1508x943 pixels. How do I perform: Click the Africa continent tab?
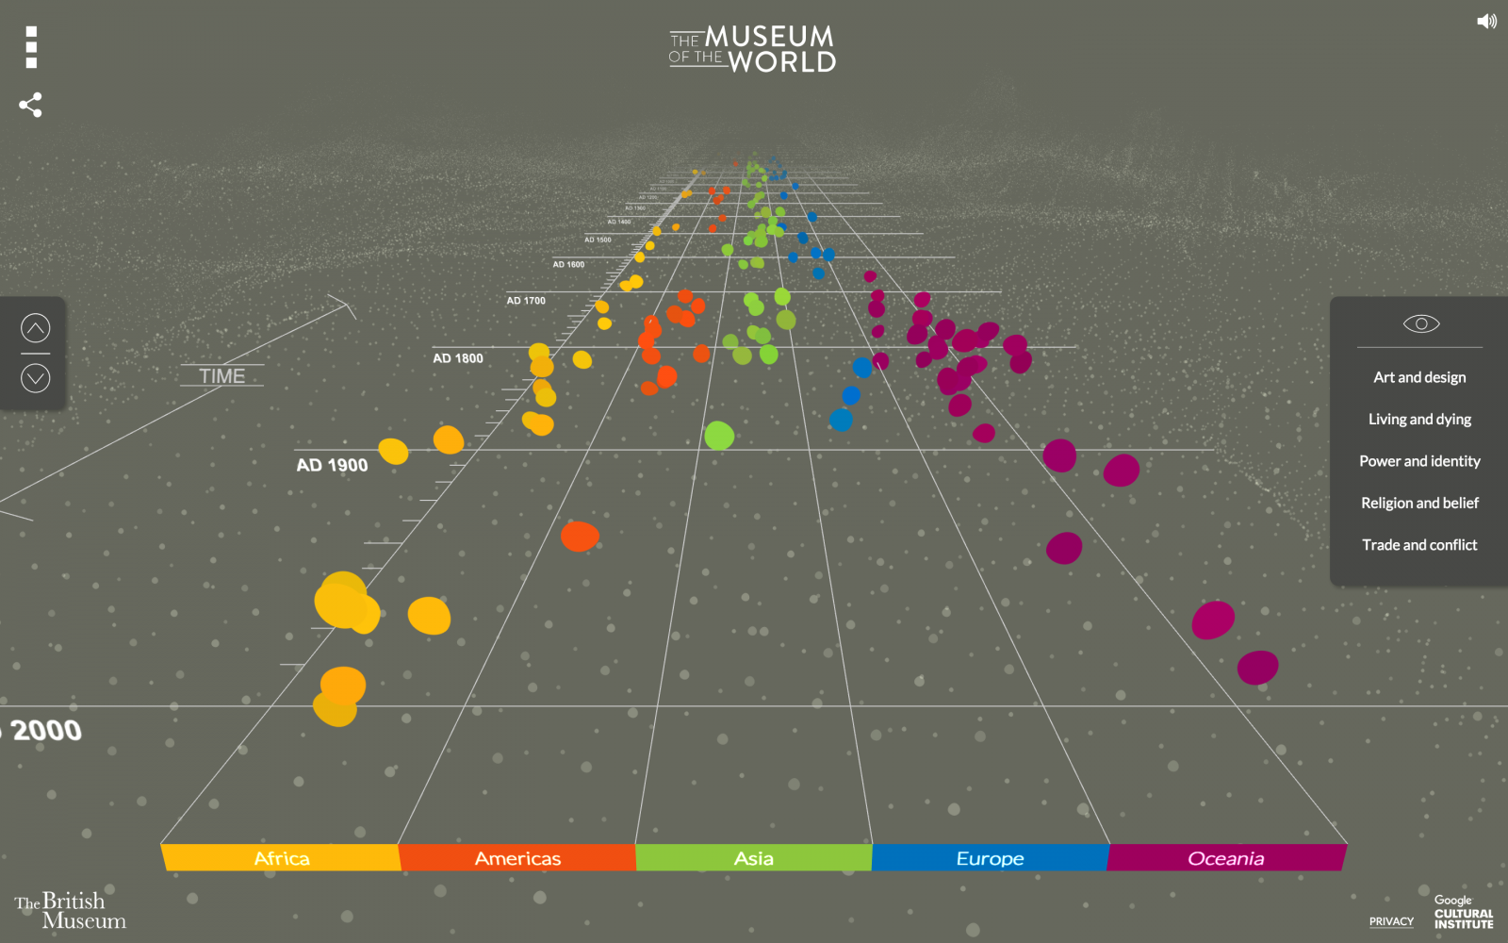tap(281, 858)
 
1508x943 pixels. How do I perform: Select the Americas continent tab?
tap(517, 858)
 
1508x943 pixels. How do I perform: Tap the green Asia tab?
tap(754, 858)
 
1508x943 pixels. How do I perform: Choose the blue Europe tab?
tap(990, 858)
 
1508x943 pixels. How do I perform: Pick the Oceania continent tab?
tap(1225, 858)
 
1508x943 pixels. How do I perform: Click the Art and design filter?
tap(1419, 377)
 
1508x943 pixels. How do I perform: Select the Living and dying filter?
tap(1419, 420)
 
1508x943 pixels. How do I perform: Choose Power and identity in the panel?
tap(1419, 461)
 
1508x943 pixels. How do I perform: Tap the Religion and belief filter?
tap(1419, 504)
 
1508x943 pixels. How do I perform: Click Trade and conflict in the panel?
tap(1419, 545)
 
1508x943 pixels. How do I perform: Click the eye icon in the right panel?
tap(1421, 324)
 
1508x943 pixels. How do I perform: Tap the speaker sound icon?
tap(1486, 21)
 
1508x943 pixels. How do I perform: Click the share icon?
tap(30, 105)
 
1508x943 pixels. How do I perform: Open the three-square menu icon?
tap(31, 47)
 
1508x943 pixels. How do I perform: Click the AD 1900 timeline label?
tap(332, 465)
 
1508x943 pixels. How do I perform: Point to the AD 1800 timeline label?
tap(458, 358)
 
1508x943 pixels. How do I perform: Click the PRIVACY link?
tap(1391, 921)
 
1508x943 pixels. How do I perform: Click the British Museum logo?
tap(70, 911)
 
